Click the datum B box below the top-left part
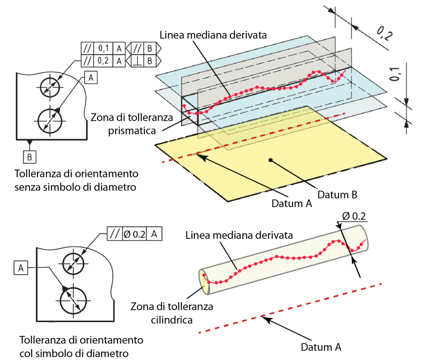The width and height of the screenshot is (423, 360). tap(29, 157)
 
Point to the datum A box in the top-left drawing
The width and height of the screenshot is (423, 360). tap(91, 77)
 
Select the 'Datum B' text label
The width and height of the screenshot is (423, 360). tap(337, 194)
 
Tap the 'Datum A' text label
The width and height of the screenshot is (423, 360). tap(292, 203)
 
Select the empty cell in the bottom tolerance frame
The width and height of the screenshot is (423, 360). tap(135, 234)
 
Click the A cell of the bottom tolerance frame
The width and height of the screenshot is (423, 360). tap(154, 234)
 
